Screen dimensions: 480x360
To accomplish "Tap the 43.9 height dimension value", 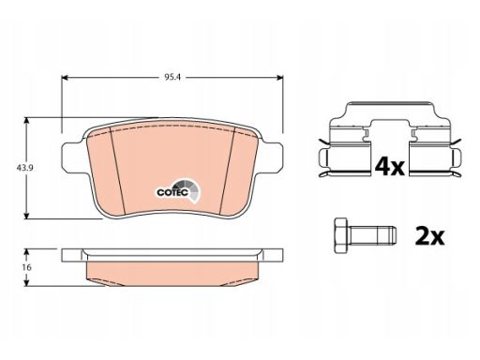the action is (x=25, y=168).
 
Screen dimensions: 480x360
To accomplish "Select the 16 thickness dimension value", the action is (x=27, y=267).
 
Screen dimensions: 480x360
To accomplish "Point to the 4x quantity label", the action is (x=389, y=167).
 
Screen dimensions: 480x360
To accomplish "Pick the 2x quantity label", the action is (x=429, y=236).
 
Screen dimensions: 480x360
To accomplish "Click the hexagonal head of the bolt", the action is (x=340, y=235).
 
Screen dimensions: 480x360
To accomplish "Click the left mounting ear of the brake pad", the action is (x=72, y=157).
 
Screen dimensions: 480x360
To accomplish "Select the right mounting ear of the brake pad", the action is (x=272, y=157).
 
